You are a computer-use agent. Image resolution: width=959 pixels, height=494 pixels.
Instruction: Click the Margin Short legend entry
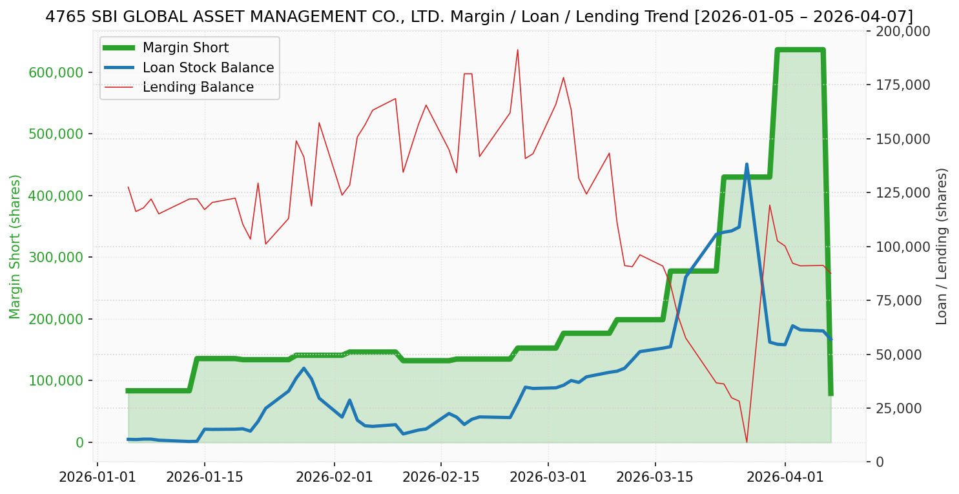[185, 48]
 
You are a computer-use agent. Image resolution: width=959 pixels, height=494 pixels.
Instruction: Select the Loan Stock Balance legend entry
[208, 68]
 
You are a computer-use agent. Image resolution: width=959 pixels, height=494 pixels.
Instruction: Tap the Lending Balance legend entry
[198, 87]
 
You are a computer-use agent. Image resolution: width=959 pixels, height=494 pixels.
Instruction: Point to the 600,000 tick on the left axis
[57, 72]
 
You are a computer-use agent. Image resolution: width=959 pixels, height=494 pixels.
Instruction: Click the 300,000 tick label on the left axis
[57, 257]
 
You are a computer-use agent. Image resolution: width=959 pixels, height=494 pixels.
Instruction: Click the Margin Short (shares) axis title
[15, 246]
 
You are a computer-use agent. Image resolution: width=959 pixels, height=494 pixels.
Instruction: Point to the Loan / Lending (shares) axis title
[942, 246]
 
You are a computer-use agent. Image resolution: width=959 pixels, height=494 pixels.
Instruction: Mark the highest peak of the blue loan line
[747, 165]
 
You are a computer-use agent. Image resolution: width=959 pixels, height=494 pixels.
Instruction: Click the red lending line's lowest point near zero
[747, 442]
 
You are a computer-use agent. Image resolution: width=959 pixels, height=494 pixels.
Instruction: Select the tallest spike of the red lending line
[517, 50]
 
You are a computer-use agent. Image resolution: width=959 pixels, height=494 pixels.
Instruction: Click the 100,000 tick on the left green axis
[57, 380]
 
